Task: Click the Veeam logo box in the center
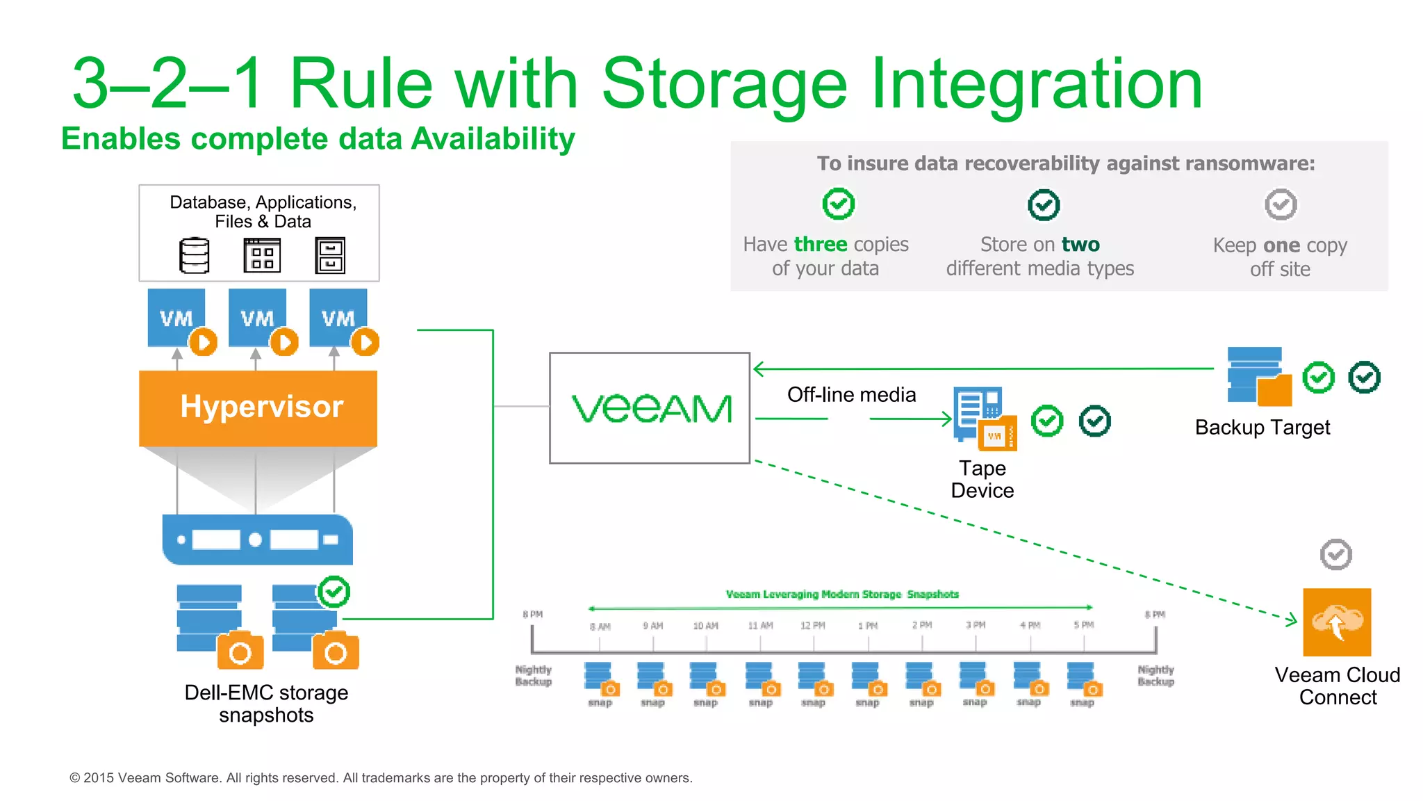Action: click(x=650, y=408)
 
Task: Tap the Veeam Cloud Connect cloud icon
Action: click(x=1337, y=622)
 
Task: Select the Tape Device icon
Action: click(x=985, y=419)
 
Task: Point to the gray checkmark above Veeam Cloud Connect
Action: click(x=1335, y=555)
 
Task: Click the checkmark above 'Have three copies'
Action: click(x=839, y=204)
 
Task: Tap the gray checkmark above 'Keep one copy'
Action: click(x=1281, y=204)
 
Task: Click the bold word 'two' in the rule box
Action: click(x=1080, y=245)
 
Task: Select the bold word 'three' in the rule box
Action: click(x=821, y=245)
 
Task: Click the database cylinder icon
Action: click(x=195, y=255)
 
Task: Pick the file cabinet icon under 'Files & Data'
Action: click(x=330, y=255)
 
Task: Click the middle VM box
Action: click(x=258, y=318)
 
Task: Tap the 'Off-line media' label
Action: click(x=851, y=395)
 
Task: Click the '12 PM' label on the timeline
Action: click(x=812, y=626)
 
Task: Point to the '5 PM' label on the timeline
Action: click(x=1083, y=625)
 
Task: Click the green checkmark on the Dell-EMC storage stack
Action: click(x=334, y=592)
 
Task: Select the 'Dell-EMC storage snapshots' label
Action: click(x=266, y=704)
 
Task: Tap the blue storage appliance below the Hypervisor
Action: click(x=258, y=540)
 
